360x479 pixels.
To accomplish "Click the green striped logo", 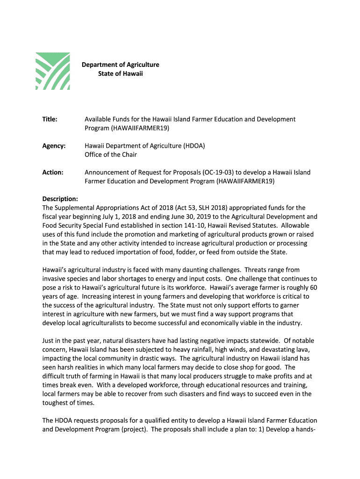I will (53, 71).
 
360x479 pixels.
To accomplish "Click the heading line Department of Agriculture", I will (121, 65).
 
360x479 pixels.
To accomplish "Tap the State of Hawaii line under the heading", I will (120, 74).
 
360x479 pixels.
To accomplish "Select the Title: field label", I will (50, 119).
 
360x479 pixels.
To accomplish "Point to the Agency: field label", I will (54, 146).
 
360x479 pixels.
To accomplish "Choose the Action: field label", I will (53, 172).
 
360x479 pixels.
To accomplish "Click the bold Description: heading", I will (60, 199).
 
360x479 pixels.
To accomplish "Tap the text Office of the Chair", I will (111, 154).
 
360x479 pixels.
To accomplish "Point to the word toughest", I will (56, 403).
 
